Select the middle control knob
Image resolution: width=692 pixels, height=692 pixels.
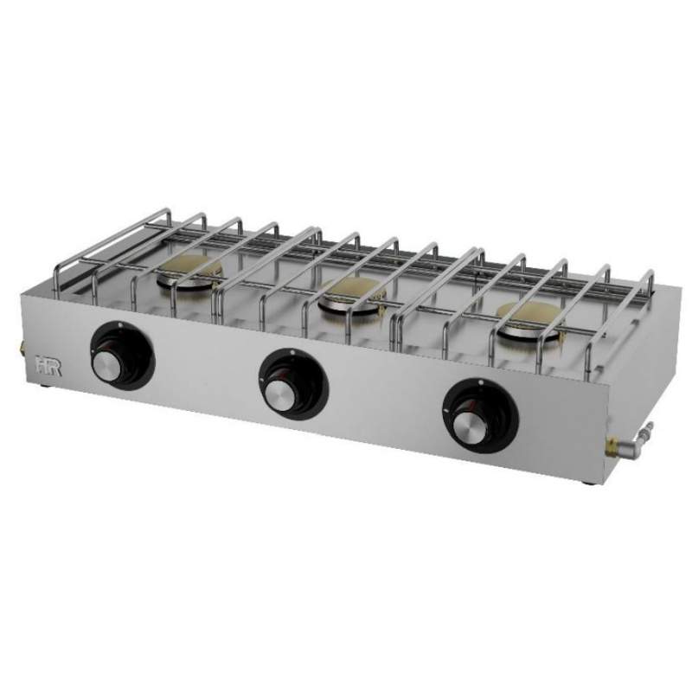282,393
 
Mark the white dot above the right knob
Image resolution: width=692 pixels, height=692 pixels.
478,381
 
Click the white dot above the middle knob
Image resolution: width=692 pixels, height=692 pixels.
292,353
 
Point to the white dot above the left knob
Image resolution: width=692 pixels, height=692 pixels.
123,324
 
